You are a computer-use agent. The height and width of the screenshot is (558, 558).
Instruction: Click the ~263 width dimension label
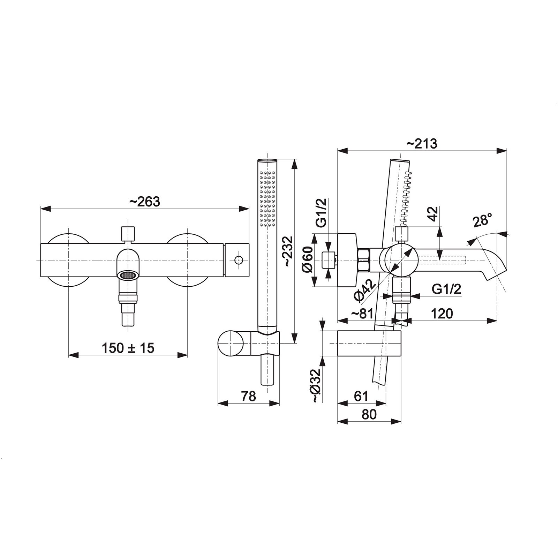pos(145,202)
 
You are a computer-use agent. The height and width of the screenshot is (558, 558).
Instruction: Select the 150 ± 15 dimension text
pos(128,347)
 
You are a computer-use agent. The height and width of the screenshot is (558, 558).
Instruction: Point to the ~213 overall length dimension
pos(422,143)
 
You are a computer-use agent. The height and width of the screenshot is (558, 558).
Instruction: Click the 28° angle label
pos(483,221)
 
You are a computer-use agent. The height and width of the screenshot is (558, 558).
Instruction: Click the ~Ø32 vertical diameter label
pos(316,386)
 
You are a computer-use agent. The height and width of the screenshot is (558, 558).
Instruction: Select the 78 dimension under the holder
pos(248,396)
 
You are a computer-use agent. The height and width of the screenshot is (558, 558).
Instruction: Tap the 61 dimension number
pos(361,396)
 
